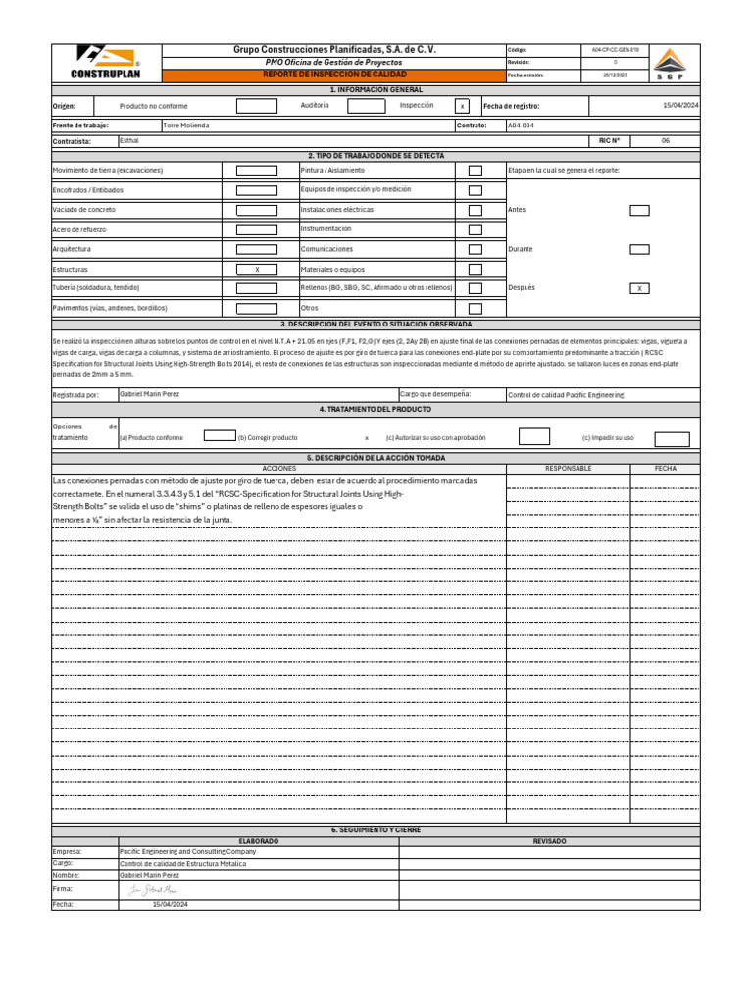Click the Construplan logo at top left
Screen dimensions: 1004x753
pos(105,62)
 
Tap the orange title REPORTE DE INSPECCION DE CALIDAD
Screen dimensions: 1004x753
pos(333,75)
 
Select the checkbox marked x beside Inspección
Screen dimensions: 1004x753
pos(463,106)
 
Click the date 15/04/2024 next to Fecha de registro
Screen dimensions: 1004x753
pos(679,105)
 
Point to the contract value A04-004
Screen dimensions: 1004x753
pos(522,125)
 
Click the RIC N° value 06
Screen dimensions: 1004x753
pos(665,141)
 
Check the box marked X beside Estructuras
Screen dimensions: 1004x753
pos(257,269)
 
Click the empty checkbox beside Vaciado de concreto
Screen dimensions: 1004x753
pos(257,210)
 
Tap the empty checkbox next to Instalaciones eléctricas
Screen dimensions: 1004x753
pos(476,210)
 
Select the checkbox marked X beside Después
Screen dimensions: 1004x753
pos(639,288)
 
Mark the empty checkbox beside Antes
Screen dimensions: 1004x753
pos(639,210)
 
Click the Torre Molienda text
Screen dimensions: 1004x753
pos(186,125)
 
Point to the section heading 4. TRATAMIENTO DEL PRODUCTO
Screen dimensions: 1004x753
pos(376,409)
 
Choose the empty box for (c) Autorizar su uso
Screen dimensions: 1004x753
pos(533,437)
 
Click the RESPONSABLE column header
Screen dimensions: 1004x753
pos(569,469)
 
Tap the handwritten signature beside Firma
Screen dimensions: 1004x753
pos(155,889)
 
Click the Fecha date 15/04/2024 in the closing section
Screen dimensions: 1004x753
pos(170,905)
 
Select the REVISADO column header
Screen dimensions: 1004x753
pos(549,841)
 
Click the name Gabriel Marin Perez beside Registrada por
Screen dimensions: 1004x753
pos(149,394)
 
